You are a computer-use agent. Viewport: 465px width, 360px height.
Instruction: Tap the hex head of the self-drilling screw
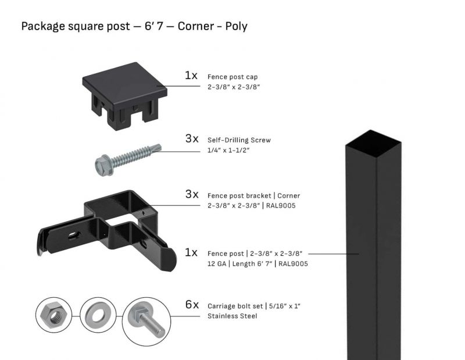102,165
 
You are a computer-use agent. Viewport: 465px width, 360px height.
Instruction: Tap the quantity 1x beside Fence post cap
191,76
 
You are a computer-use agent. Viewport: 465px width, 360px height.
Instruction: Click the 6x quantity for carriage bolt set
192,305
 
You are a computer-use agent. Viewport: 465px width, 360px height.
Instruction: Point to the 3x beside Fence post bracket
192,194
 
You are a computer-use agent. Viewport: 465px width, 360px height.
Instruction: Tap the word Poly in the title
238,26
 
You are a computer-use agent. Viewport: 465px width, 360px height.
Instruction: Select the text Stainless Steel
232,316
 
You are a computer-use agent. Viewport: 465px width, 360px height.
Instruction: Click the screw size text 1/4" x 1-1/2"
228,151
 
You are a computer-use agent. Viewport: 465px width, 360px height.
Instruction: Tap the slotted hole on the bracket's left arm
72,235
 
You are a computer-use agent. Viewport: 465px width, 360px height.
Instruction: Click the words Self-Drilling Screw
239,140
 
